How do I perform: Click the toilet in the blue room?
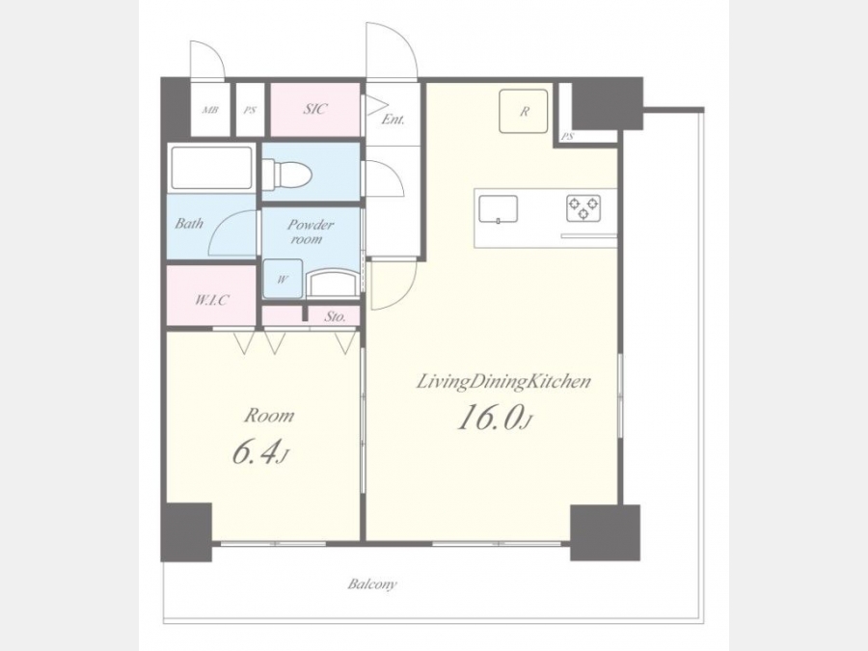pyautogui.click(x=287, y=175)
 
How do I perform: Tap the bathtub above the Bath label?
pyautogui.click(x=211, y=168)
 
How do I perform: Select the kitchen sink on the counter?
pyautogui.click(x=499, y=208)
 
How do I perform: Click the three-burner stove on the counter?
pyautogui.click(x=583, y=208)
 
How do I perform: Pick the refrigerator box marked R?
pyautogui.click(x=523, y=111)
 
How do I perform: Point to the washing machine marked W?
pyautogui.click(x=283, y=279)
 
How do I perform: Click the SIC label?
pyautogui.click(x=315, y=109)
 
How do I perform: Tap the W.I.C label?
pyautogui.click(x=211, y=300)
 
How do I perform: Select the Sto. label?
pyautogui.click(x=335, y=316)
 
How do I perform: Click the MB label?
pyautogui.click(x=210, y=110)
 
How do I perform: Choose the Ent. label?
pyautogui.click(x=393, y=119)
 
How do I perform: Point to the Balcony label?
pyautogui.click(x=372, y=584)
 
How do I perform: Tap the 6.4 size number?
pyautogui.click(x=259, y=452)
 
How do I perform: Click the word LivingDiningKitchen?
pyautogui.click(x=503, y=382)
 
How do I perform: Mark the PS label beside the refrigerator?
pyautogui.click(x=567, y=136)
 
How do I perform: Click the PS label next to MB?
pyautogui.click(x=250, y=110)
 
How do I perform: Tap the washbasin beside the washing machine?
pyautogui.click(x=333, y=283)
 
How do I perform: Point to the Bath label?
pyautogui.click(x=189, y=224)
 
